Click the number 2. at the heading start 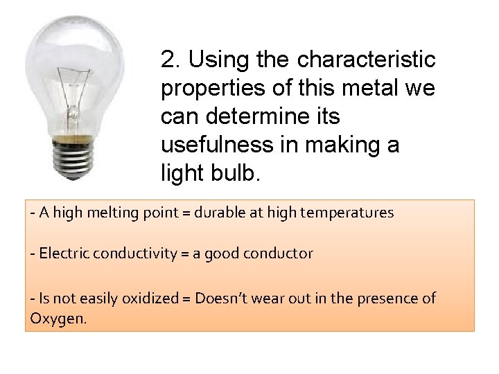pos(170,60)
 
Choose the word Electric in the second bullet pos(61,253)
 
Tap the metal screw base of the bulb pos(73,158)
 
